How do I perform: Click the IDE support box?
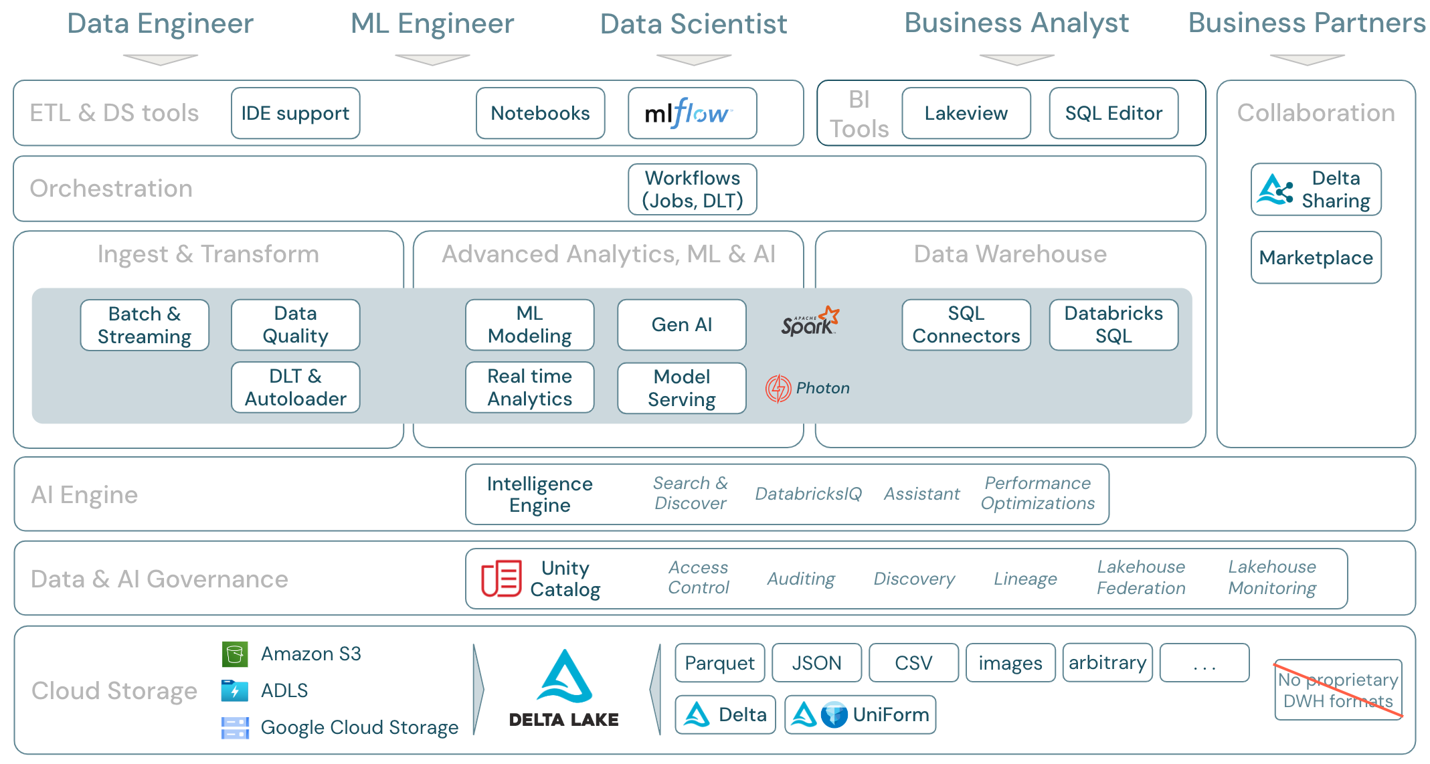click(295, 113)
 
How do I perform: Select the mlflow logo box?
click(692, 113)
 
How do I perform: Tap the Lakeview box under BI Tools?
click(966, 113)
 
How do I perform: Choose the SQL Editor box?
click(1113, 113)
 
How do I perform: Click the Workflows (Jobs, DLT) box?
click(692, 189)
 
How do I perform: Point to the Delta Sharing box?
click(1316, 189)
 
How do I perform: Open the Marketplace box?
click(1316, 258)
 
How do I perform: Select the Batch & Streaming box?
click(145, 325)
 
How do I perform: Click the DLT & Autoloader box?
click(295, 387)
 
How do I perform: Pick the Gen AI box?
click(681, 325)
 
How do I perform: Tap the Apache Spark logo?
click(810, 322)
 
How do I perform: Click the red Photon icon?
click(778, 388)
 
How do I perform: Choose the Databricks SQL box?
click(1113, 325)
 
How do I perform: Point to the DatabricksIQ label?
click(808, 494)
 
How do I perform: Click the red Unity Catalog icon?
click(501, 578)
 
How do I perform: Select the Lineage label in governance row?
click(1025, 579)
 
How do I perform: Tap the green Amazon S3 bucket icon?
click(235, 654)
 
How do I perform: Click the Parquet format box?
click(719, 663)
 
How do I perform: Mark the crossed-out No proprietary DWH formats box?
click(1338, 690)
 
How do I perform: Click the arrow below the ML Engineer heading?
click(432, 60)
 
